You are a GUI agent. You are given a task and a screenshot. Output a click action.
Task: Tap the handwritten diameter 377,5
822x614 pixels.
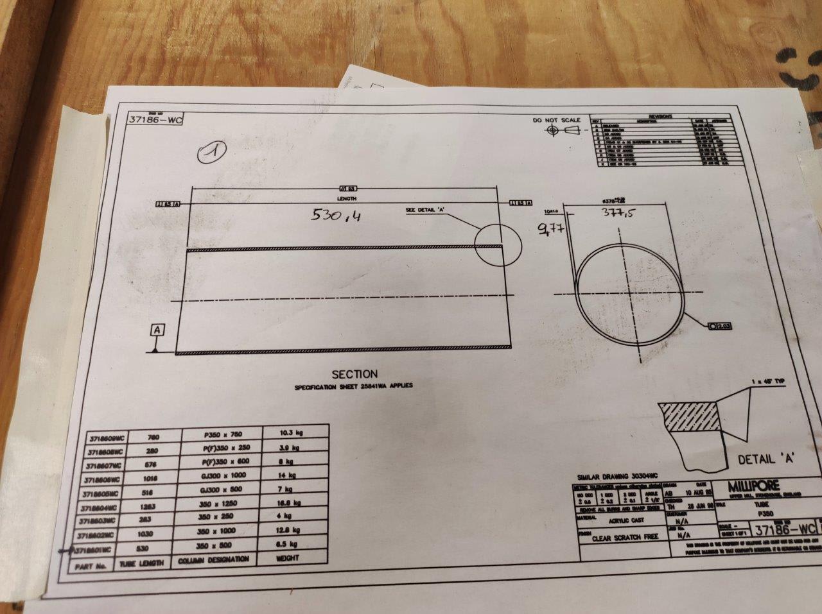(x=619, y=214)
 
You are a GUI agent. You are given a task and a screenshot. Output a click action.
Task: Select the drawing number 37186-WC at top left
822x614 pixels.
(x=155, y=119)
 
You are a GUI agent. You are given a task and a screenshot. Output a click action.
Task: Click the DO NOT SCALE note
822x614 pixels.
(x=556, y=120)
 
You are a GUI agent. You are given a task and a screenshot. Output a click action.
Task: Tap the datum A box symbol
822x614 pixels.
(x=157, y=330)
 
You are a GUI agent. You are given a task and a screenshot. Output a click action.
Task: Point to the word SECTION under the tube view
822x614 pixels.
(x=354, y=374)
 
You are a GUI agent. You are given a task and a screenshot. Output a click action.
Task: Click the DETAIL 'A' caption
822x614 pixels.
(x=767, y=459)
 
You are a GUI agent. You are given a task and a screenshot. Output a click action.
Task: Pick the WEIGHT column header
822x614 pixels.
(x=286, y=558)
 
